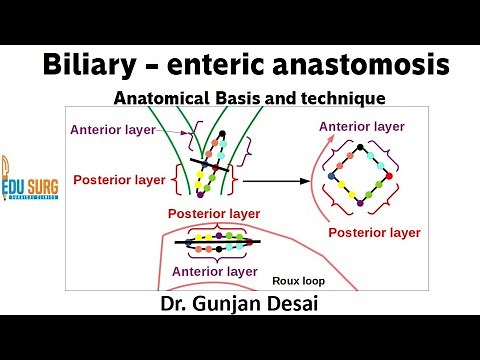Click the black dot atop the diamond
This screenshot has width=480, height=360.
click(358, 145)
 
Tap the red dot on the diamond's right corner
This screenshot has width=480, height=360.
click(388, 175)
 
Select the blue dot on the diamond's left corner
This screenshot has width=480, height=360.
click(330, 176)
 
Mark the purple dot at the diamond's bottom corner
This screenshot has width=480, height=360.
click(360, 205)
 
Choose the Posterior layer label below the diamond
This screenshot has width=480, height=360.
click(373, 232)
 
